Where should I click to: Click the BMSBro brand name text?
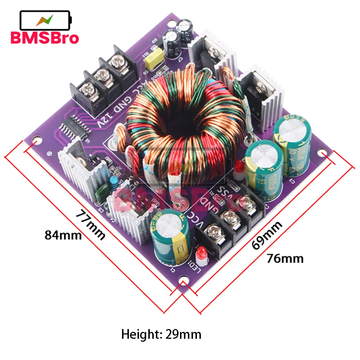[45, 37]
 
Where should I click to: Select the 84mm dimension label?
[63, 235]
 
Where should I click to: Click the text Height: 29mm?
[161, 334]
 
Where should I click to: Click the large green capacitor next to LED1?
[171, 238]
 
